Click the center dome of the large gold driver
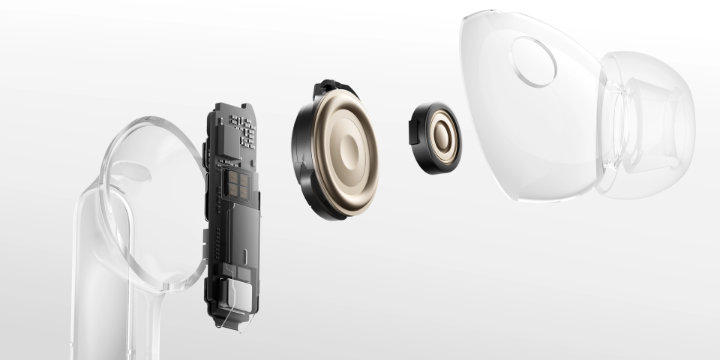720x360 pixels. [x=351, y=149]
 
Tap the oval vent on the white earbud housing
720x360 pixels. [x=533, y=61]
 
